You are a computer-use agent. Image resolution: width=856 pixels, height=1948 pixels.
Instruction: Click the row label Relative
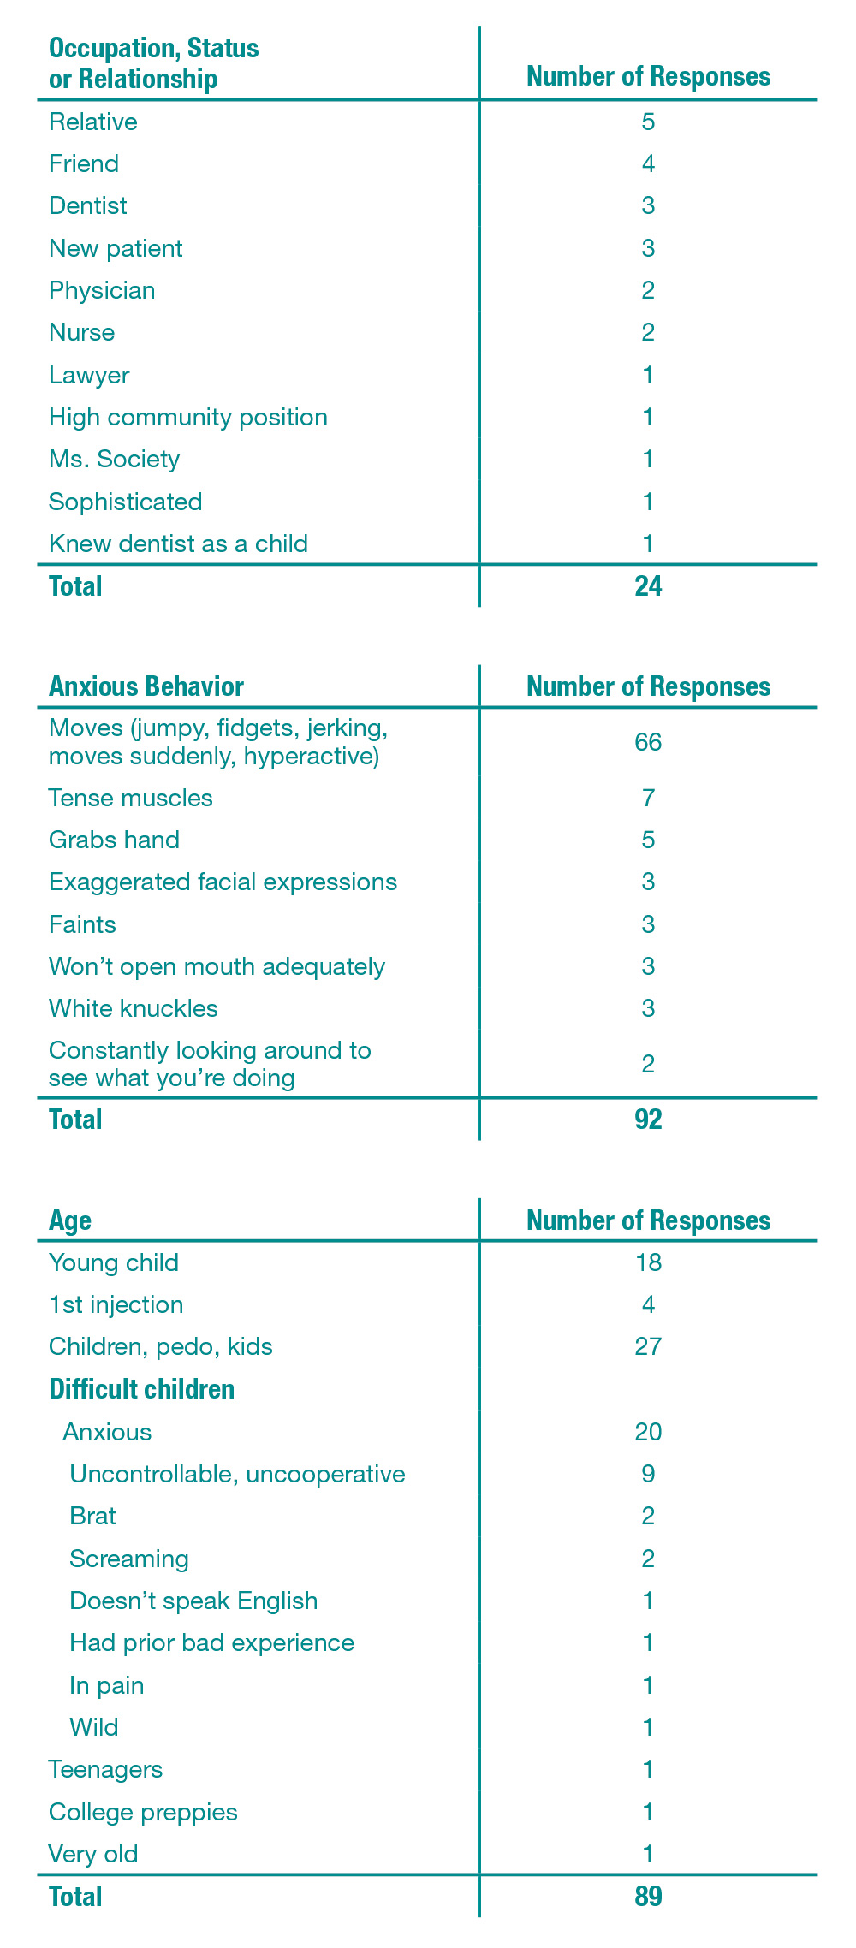click(93, 122)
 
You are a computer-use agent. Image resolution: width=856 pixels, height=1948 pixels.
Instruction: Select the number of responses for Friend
click(648, 163)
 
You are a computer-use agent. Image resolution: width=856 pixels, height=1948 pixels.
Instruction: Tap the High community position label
click(188, 417)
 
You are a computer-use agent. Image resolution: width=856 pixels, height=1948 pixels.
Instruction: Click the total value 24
click(648, 586)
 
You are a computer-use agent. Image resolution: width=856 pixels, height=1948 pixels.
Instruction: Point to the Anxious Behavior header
click(146, 686)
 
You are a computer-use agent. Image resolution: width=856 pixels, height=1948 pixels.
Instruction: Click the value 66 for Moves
click(648, 742)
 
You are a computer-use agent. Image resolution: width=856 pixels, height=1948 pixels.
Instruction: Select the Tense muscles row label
click(131, 798)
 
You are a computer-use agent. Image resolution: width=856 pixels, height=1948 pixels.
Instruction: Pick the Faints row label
click(82, 924)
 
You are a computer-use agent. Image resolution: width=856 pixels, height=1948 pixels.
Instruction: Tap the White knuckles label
click(134, 1008)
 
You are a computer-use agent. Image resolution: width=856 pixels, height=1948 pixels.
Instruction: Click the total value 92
click(648, 1120)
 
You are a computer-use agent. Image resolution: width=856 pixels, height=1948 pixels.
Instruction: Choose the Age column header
click(70, 1220)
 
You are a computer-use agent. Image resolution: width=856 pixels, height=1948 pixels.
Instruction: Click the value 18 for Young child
click(648, 1262)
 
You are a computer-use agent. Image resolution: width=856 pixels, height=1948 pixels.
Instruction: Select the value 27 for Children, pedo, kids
click(648, 1346)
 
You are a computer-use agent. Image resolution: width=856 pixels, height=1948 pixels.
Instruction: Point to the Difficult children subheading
click(142, 1389)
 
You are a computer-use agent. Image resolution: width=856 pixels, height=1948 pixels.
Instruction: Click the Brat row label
click(92, 1516)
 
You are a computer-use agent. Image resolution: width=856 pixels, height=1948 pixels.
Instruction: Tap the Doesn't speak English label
click(193, 1601)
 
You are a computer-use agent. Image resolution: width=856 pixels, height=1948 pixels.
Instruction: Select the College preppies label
click(143, 1812)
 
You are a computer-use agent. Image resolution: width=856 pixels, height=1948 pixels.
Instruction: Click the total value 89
click(648, 1897)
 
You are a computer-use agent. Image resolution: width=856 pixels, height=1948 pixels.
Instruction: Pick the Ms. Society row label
click(115, 459)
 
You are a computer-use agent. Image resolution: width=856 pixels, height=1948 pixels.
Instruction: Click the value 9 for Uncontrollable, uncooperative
click(648, 1474)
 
